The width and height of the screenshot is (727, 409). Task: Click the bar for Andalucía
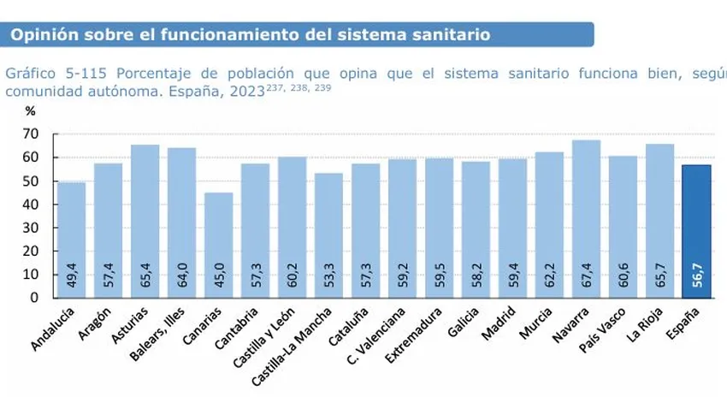[72, 240]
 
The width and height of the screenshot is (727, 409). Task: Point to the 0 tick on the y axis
[34, 298]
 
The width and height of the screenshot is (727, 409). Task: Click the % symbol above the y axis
[30, 110]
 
